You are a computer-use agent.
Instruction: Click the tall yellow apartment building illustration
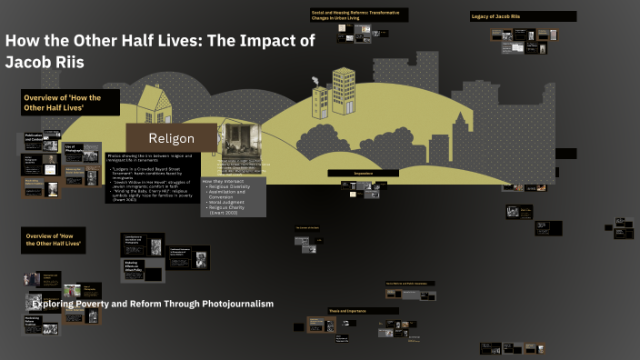[343, 91]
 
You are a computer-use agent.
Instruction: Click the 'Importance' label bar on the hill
[364, 173]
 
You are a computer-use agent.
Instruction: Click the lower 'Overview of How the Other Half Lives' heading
[53, 239]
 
